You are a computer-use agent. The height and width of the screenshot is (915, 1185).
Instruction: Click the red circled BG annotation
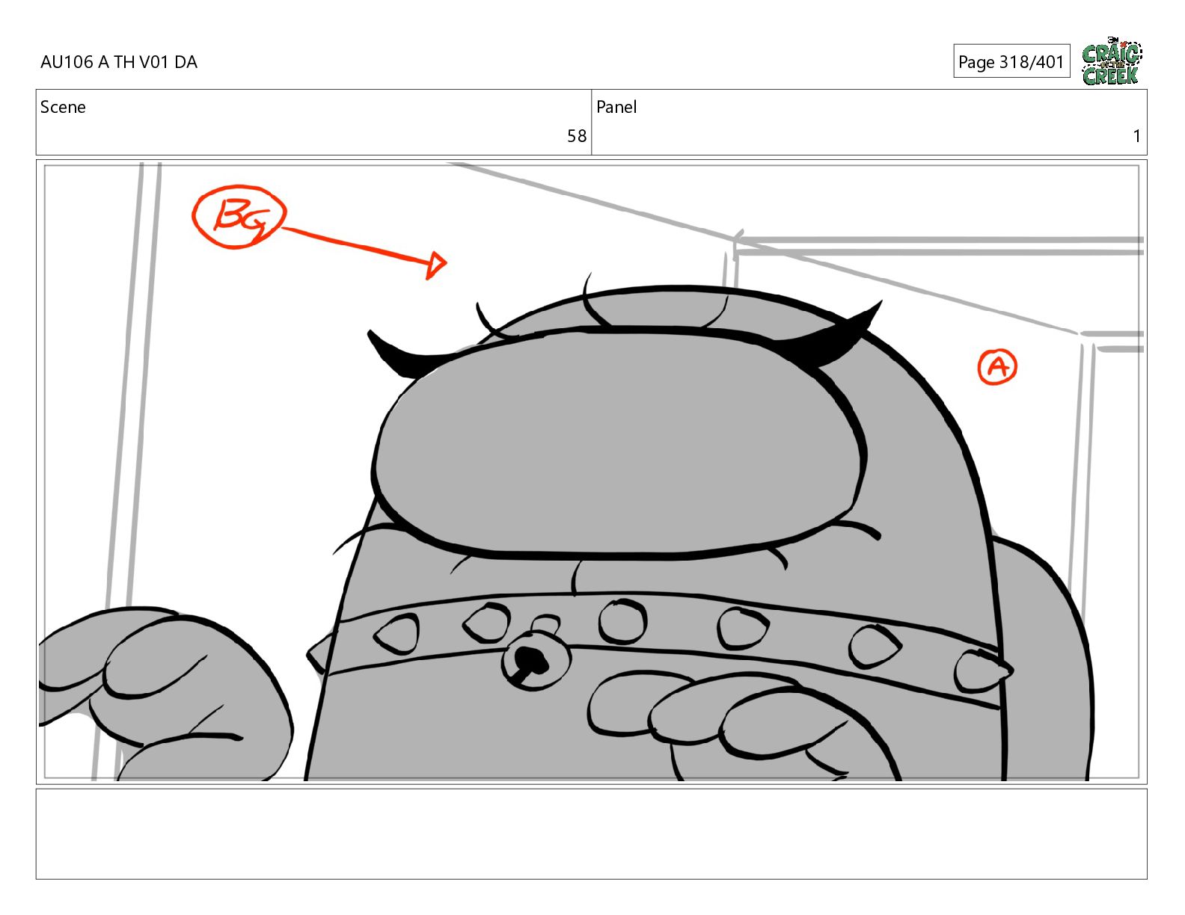239,217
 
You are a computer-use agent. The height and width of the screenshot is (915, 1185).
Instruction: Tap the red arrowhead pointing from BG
436,265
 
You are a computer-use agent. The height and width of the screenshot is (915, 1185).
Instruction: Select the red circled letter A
997,367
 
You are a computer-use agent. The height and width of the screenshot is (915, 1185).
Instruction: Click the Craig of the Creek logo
1112,61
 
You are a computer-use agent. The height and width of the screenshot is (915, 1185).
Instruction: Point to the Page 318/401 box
1011,61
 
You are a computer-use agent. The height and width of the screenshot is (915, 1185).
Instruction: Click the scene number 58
576,136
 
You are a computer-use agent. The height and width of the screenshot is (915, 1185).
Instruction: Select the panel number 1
1136,136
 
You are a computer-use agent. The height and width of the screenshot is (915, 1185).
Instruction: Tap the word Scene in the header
63,107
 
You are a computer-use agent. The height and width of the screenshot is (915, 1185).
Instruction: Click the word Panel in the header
616,107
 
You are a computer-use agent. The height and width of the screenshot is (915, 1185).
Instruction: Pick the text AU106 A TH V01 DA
119,62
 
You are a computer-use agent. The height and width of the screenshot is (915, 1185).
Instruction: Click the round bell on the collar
535,660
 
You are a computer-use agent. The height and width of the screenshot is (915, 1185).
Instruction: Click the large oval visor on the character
618,443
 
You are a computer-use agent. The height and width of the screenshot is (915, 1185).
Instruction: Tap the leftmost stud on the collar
397,633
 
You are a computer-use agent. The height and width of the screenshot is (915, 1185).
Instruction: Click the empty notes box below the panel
592,834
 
